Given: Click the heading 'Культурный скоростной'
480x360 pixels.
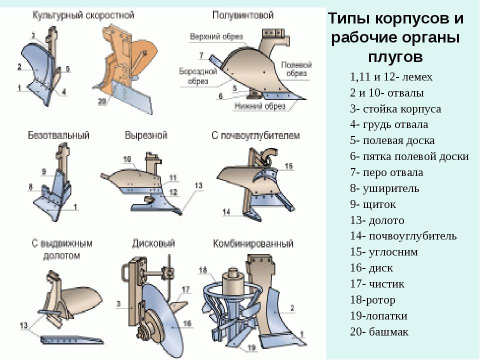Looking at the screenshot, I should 83,15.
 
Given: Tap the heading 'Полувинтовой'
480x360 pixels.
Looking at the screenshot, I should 243,15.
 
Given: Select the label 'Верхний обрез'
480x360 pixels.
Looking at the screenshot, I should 216,37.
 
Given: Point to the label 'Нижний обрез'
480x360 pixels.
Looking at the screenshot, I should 259,106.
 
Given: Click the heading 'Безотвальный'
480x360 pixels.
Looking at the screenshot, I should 58,135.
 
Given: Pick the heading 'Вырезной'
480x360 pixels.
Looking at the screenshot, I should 146,135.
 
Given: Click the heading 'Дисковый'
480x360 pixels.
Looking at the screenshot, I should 153,243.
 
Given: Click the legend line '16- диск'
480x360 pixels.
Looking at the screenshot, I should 371,268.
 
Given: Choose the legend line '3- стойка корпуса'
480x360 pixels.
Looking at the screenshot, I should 395,109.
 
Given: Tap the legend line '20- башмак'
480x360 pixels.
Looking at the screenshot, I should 379,332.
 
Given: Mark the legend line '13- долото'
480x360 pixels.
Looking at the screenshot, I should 377,220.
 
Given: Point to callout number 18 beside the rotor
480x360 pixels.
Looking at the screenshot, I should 202,270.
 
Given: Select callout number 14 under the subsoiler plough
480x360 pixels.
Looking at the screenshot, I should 227,212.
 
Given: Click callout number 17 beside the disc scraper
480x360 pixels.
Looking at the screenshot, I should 186,289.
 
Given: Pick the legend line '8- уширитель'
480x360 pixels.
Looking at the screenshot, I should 384,188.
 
